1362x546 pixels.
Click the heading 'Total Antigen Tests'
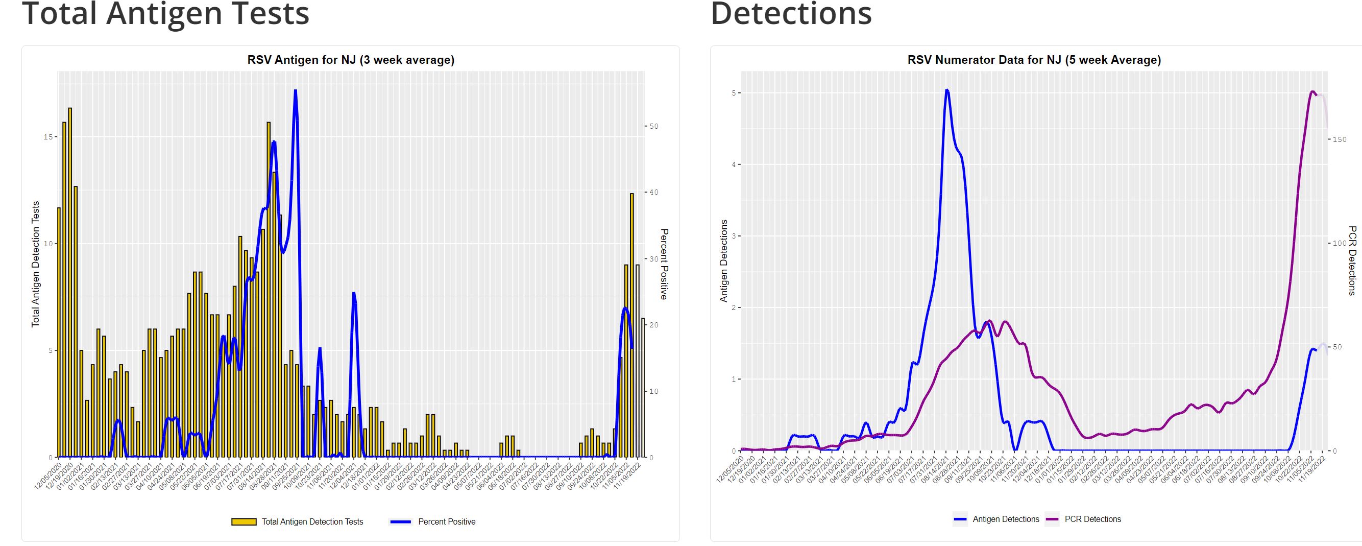pos(165,13)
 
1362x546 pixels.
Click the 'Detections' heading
pos(791,13)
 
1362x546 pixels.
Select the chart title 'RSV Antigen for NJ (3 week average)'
pos(351,60)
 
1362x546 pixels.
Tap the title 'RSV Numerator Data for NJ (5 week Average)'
pos(1034,60)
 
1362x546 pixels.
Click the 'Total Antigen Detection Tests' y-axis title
pos(36,264)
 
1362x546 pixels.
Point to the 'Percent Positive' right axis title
pos(664,264)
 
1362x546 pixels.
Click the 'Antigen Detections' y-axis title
pos(724,261)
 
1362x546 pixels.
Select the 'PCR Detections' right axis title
pos(1352,261)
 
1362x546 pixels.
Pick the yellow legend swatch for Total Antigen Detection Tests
pos(244,521)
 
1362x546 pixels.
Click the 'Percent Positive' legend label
pos(447,521)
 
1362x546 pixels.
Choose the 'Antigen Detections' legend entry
pos(1006,519)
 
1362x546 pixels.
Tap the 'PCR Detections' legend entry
pos(1092,519)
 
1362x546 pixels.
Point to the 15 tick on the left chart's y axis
pos(48,137)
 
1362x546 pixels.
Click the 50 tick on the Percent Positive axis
pos(653,127)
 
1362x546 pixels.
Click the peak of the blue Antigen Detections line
pos(947,90)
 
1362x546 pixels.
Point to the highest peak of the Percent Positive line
pos(295,91)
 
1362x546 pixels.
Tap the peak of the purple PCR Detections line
pos(1312,91)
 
